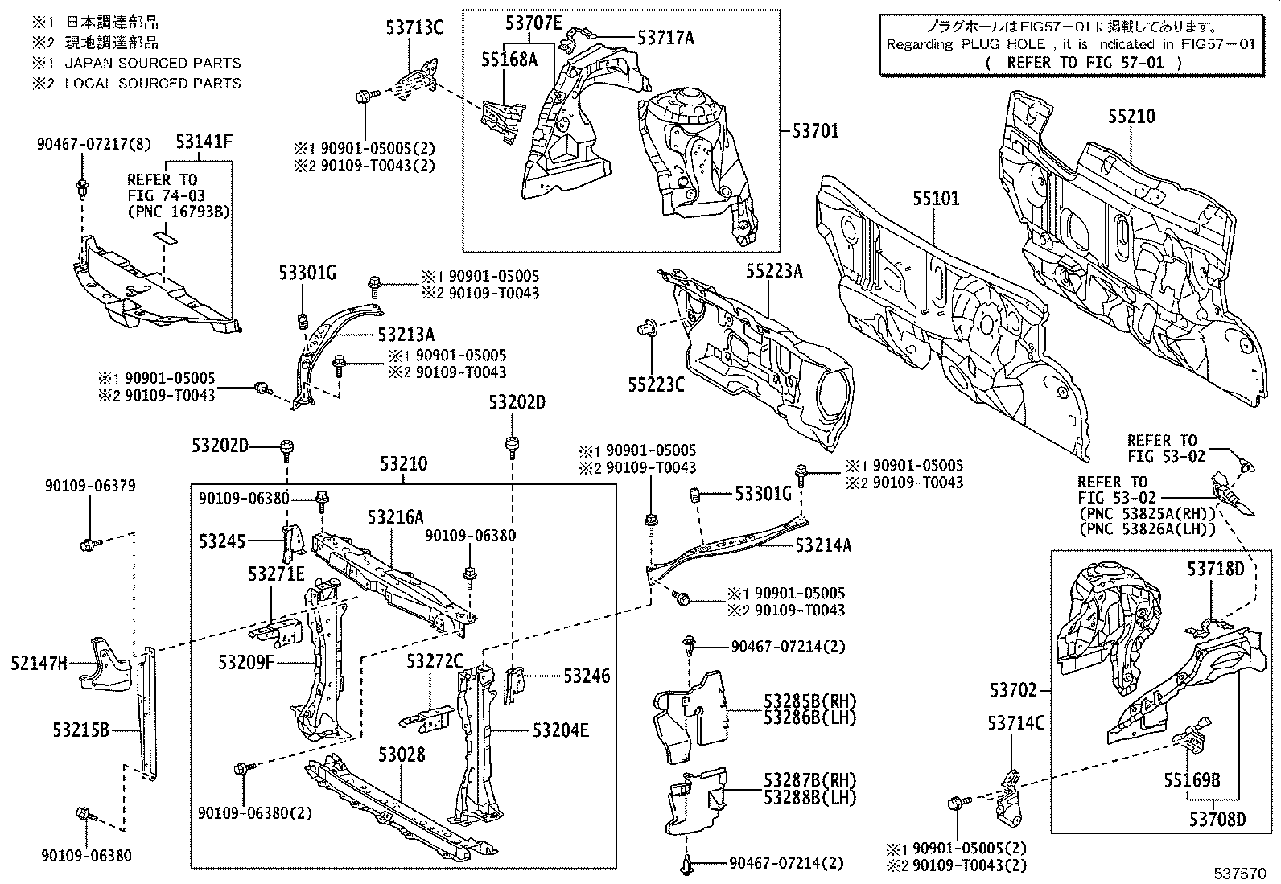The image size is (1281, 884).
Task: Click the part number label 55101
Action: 936,198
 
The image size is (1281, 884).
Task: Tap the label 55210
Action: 1130,117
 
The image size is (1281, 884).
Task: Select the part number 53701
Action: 815,130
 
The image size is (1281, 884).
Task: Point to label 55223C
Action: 656,385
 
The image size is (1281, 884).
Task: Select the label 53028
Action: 402,754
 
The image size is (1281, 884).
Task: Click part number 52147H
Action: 39,664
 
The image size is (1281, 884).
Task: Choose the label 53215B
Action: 80,730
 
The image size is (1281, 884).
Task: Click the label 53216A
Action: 396,517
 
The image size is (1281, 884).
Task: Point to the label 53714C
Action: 1015,723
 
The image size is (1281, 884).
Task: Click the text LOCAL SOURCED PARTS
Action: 152,83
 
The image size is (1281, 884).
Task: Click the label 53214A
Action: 823,545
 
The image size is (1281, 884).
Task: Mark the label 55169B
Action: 1192,779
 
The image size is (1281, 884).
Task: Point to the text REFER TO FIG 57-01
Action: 1083,62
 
